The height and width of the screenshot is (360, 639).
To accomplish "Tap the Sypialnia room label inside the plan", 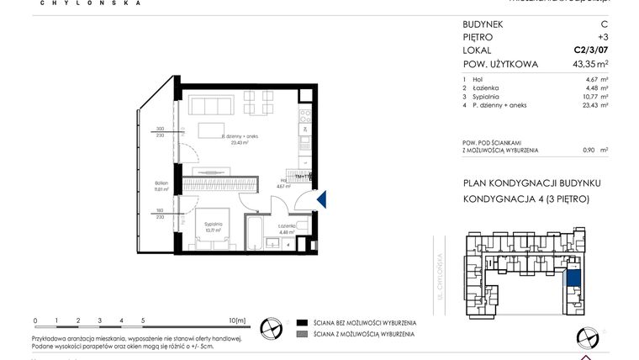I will click(214, 225).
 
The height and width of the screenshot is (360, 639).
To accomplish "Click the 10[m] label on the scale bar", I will click(237, 320).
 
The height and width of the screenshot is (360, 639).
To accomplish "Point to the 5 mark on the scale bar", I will click(143, 320).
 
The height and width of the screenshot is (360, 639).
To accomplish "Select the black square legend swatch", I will click(301, 323).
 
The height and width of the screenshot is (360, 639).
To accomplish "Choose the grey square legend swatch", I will click(301, 334).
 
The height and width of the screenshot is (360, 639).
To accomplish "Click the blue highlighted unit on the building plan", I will click(575, 280).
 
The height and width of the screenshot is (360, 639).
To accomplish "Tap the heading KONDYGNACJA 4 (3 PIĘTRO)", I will click(525, 199).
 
